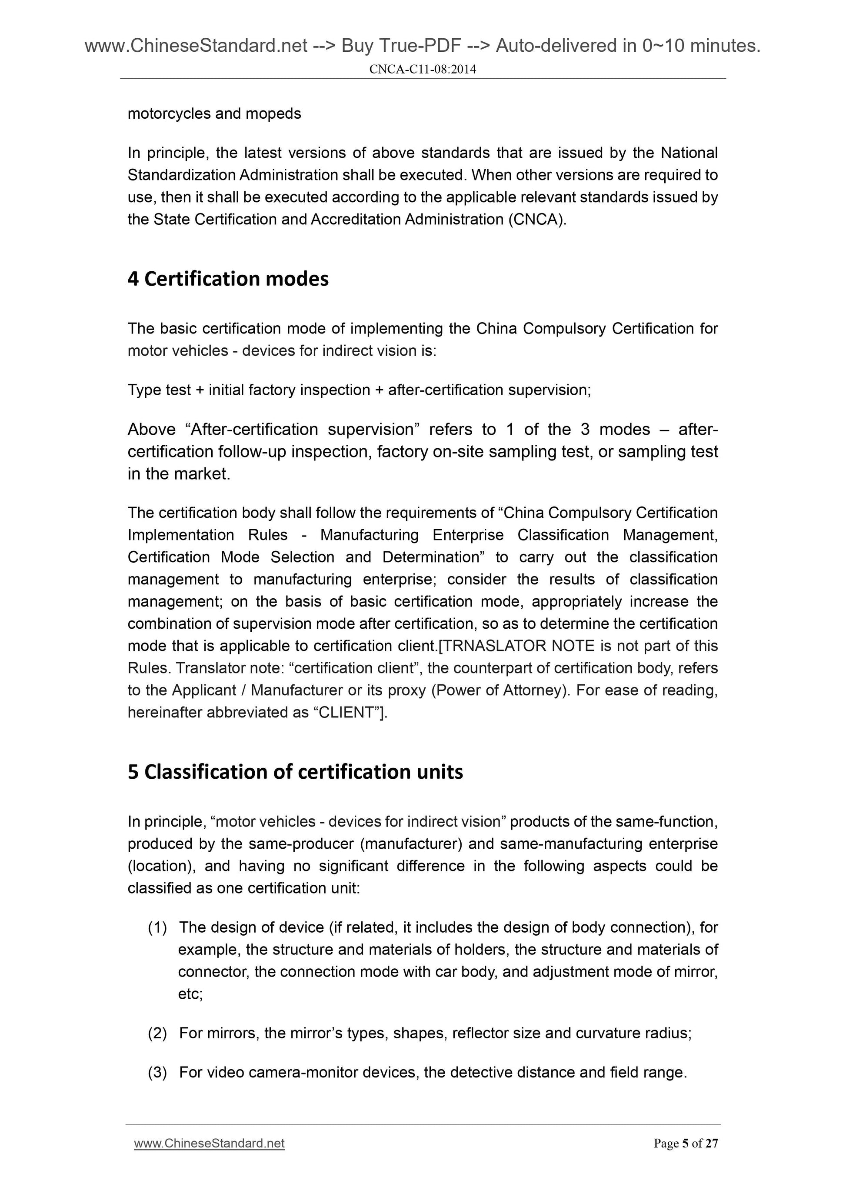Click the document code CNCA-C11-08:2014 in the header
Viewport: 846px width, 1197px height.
coord(422,69)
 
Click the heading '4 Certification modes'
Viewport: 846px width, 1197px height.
coord(228,279)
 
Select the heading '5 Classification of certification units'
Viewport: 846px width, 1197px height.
coord(295,772)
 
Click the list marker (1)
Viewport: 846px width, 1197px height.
coord(157,927)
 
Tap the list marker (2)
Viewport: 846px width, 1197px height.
coord(157,1034)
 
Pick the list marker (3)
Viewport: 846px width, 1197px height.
coord(157,1072)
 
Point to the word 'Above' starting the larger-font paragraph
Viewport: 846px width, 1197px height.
coord(152,430)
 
